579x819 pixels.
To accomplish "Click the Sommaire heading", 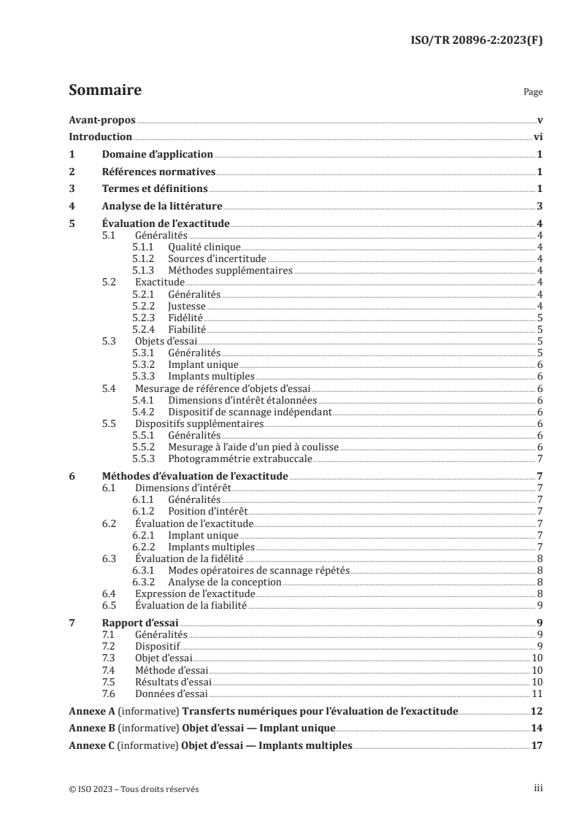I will coord(104,91).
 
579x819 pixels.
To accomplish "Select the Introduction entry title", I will coord(100,136).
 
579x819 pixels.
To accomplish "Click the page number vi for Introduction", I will coord(537,136).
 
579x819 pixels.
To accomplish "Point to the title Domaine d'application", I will coord(156,154).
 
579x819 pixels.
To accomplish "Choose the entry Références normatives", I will coord(158,172).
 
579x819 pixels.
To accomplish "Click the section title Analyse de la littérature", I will coord(161,207).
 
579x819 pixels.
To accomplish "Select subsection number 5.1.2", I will coord(145,258).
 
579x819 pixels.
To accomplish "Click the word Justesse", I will coord(187,305).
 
